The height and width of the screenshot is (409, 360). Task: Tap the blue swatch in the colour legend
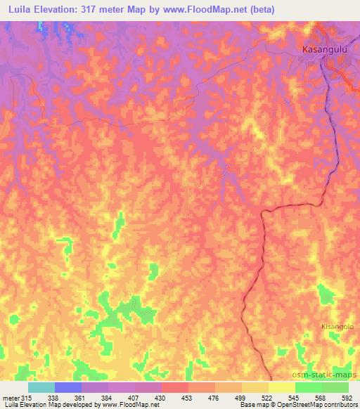(68, 387)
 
